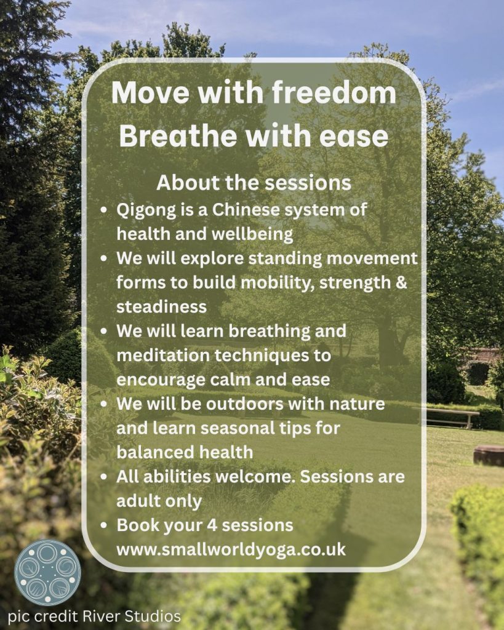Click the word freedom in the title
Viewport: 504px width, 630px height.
point(334,92)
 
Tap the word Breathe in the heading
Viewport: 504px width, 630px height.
point(178,136)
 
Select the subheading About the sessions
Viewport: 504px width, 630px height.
point(254,182)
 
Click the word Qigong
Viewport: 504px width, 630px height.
point(146,210)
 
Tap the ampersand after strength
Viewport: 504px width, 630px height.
point(401,282)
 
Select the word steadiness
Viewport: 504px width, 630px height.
point(161,306)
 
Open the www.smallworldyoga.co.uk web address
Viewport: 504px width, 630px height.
point(231,549)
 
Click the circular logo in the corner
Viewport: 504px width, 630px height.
point(47,573)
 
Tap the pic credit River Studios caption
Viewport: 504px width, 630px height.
point(94,616)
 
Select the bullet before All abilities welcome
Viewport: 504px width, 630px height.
point(104,477)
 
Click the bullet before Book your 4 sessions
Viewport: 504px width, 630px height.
point(104,525)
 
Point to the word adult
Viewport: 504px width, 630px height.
point(137,501)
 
